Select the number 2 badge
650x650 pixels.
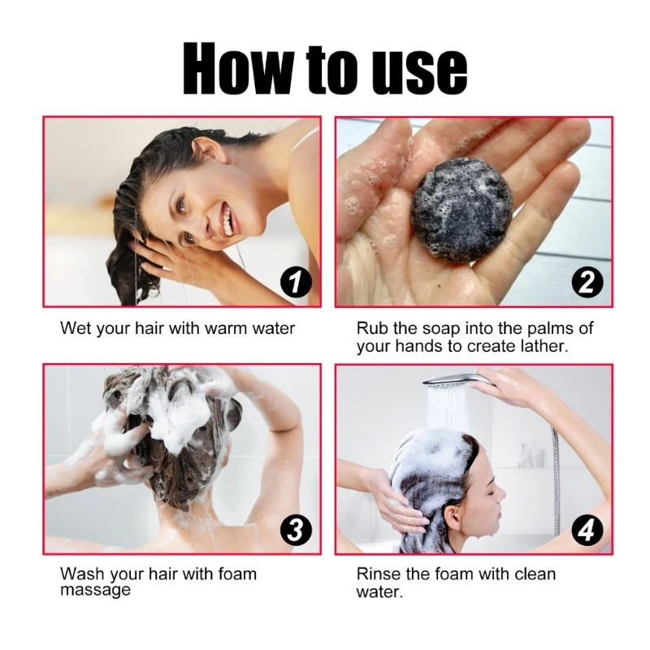tap(587, 283)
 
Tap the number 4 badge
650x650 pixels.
tap(587, 531)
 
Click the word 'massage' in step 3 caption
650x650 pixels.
tap(95, 591)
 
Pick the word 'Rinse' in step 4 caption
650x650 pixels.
tap(379, 574)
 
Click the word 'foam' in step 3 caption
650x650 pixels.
tap(238, 574)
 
